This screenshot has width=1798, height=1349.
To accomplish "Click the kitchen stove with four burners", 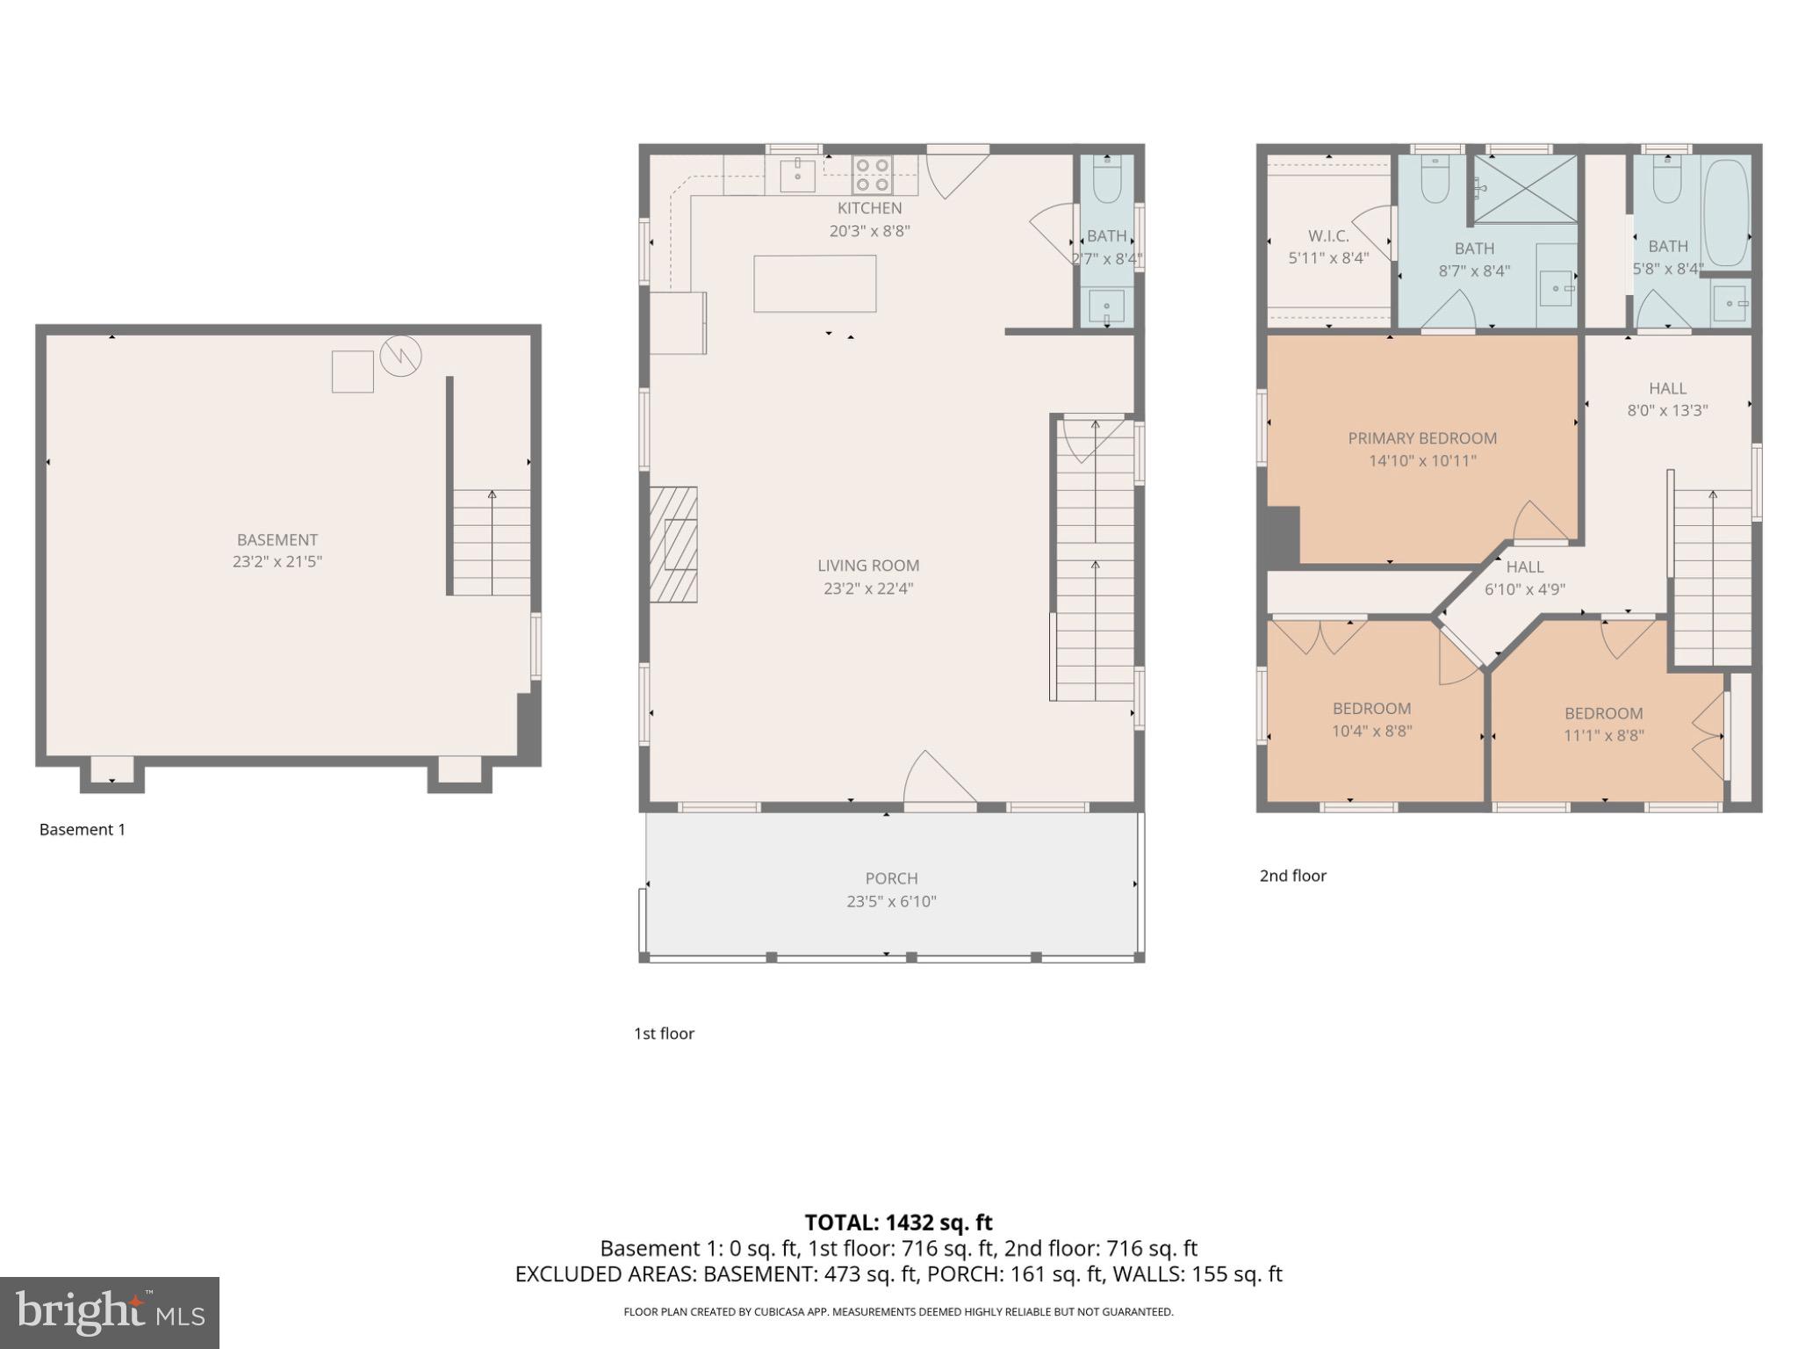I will point(874,175).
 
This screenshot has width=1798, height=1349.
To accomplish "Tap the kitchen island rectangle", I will point(815,284).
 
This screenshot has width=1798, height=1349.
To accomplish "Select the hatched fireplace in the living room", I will point(673,545).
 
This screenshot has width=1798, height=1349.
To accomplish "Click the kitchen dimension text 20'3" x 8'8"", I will point(869,231).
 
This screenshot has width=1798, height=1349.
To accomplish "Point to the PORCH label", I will point(891,878).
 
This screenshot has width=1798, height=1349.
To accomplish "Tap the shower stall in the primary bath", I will point(1524,189).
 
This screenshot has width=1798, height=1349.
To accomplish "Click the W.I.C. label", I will point(1328,236).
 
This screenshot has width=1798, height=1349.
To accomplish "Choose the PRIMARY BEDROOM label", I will point(1422,438).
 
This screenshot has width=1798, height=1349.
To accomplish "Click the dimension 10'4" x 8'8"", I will point(1371,731).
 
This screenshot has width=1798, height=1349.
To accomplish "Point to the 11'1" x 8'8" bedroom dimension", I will point(1603,736).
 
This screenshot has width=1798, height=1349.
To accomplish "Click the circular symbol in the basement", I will point(401,356).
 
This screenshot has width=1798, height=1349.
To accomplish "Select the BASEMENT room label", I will point(277,540).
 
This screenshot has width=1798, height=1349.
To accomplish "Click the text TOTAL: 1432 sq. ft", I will point(898,1223).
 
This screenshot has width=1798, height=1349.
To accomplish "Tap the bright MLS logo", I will point(110,1312).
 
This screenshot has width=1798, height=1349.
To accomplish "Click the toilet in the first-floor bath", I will point(1106,183).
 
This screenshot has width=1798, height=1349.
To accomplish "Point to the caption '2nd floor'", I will point(1292,876).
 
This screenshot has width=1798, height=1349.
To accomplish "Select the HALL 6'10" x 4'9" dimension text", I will point(1525,590).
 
